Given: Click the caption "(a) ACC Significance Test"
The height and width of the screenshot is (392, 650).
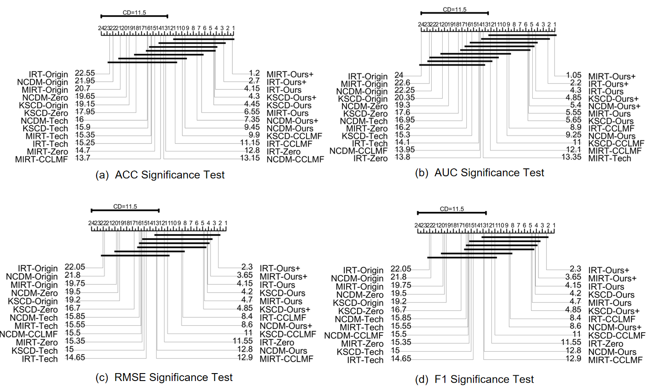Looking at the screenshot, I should (160, 175).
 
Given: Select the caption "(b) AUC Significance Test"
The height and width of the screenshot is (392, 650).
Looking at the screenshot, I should (480, 173).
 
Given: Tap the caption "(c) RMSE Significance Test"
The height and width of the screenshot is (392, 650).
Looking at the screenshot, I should (164, 377).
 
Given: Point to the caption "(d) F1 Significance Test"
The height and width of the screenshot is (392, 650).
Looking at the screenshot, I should (474, 379).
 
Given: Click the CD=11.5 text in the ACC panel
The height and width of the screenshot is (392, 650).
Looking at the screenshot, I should (134, 12).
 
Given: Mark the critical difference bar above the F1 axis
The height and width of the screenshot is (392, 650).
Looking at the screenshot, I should (451, 213).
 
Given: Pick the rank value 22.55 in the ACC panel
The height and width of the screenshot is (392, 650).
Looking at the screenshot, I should (85, 73).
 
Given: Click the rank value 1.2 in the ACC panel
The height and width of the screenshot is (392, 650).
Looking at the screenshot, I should (254, 73).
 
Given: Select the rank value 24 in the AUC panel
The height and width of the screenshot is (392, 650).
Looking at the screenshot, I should (399, 75).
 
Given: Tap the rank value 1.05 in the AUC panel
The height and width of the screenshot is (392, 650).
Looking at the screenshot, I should (574, 75).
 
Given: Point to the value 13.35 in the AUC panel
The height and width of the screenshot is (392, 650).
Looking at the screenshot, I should (571, 157).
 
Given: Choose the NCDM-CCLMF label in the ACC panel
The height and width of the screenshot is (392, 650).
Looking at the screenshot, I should (295, 159).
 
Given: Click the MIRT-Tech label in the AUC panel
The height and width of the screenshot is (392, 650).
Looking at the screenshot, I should (610, 158).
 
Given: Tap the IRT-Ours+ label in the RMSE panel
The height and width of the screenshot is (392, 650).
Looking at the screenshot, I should (280, 268).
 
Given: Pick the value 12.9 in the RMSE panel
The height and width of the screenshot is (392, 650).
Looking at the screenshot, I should (245, 357).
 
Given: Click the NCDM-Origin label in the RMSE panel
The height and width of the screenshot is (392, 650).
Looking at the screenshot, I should (32, 276).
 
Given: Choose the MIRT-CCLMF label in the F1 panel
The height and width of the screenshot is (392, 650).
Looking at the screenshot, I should (615, 360).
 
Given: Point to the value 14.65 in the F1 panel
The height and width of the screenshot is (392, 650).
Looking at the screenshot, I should (401, 359).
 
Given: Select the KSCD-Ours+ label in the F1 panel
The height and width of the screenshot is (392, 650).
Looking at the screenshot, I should (614, 311).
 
